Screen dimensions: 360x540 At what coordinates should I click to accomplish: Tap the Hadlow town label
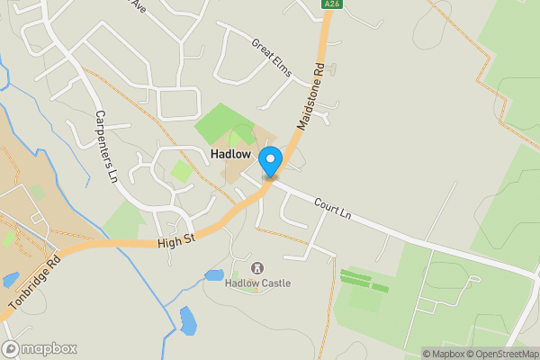pos(230,155)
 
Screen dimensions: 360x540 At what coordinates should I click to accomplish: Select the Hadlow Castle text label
pos(257,283)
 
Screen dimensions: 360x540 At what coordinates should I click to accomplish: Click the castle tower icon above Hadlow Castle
pos(257,268)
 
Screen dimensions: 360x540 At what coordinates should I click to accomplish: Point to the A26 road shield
pos(332,4)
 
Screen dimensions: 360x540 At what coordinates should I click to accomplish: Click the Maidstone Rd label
pos(307,94)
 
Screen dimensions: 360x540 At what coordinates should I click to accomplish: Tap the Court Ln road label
pos(332,210)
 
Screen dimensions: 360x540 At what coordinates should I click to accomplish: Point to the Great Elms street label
pos(272,57)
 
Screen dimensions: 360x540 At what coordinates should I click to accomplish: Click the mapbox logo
pos(40,348)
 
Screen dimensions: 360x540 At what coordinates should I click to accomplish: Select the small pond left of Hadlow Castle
pos(214,275)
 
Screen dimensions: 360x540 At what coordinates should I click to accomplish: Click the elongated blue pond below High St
pos(187,320)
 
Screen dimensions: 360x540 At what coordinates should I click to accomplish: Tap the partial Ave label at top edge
pos(137,5)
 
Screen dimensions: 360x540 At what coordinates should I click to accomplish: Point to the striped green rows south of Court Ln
pos(364,280)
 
